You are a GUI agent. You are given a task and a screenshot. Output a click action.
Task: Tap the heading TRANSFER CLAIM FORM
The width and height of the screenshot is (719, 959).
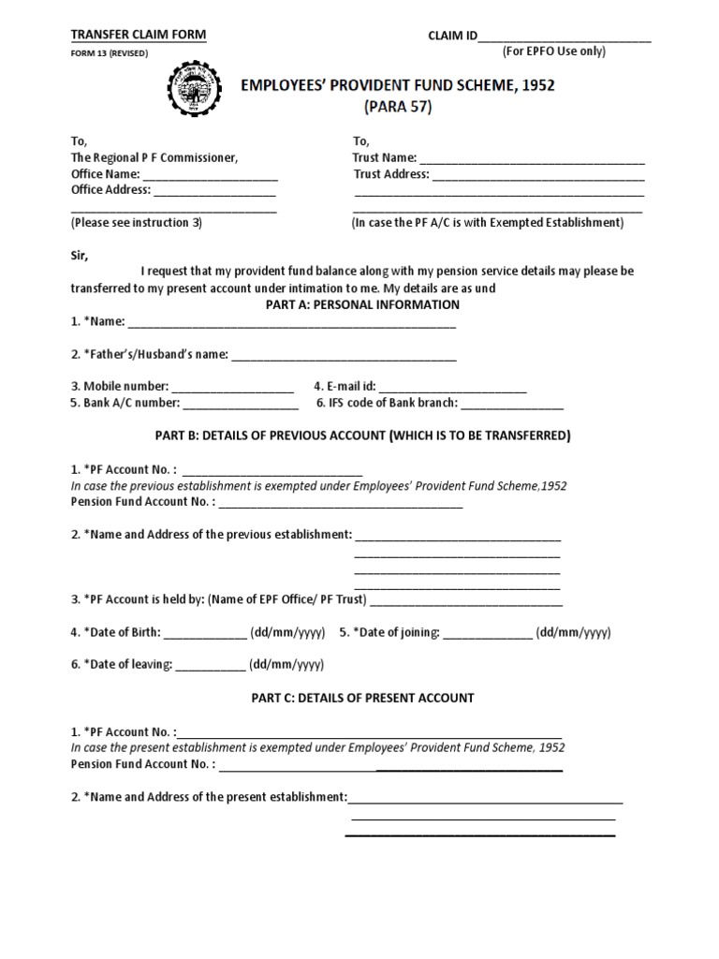coord(139,36)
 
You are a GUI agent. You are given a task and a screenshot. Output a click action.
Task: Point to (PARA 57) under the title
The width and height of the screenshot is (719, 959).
coord(398,107)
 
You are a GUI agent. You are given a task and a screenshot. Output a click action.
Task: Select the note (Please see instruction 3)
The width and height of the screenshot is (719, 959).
coord(137,223)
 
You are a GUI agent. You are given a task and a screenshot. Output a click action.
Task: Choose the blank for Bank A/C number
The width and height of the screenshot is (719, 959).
coord(241,406)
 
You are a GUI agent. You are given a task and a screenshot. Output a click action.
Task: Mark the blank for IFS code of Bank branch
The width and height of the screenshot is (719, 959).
coord(513,406)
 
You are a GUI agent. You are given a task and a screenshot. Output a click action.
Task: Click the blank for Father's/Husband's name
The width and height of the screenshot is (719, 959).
coord(344,357)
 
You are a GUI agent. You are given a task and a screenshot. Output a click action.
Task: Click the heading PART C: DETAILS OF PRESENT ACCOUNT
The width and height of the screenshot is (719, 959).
coord(361,699)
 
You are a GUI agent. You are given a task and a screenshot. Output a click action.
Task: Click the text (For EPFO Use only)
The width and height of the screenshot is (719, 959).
coord(554,52)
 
